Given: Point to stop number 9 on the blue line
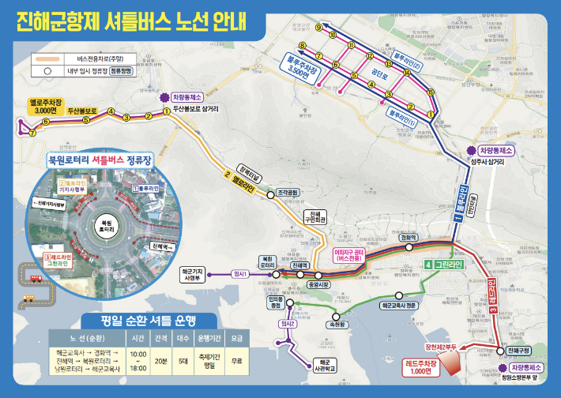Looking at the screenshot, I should tap(318, 28).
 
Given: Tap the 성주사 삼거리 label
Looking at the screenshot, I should tap(488, 163).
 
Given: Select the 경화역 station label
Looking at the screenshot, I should tap(408, 237).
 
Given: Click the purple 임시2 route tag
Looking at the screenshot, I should tap(288, 324).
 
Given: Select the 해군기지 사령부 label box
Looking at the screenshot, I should tap(192, 274).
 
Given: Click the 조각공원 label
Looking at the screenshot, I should tap(286, 193).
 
